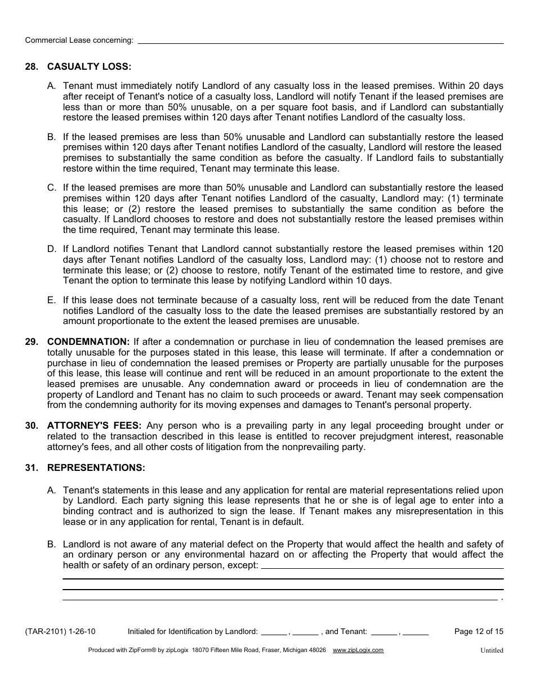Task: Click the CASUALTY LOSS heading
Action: [x=89, y=67]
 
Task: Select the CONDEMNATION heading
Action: [x=88, y=342]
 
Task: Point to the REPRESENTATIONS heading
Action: [x=96, y=468]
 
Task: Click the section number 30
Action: [x=32, y=426]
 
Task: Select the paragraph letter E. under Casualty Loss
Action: [x=52, y=300]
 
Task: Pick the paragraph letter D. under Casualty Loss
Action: [x=52, y=249]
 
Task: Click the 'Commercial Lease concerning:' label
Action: [x=79, y=40]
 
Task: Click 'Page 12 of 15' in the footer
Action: [x=479, y=631]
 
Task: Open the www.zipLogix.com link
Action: [x=358, y=650]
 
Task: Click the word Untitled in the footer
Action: [x=492, y=650]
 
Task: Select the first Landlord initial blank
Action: [x=274, y=632]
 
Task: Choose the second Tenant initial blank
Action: [x=416, y=632]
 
